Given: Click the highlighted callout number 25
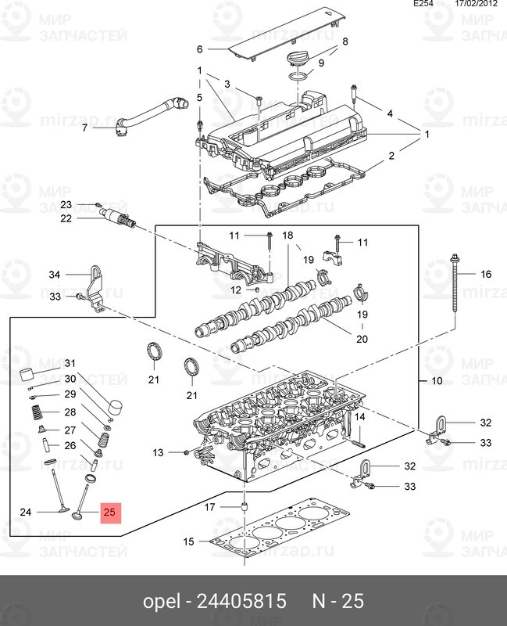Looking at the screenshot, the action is [x=109, y=512].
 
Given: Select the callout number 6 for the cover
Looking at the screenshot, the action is [x=200, y=49].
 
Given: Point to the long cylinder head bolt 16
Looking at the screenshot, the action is [x=455, y=284].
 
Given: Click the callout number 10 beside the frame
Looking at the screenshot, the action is [x=437, y=380].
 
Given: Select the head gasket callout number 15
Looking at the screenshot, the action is [x=188, y=541].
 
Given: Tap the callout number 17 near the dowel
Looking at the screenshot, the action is [x=209, y=507].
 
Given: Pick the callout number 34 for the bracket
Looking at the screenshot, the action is [x=55, y=275].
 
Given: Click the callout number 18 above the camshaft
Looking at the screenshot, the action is [x=287, y=236].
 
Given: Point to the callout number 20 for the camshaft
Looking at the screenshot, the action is [x=362, y=339].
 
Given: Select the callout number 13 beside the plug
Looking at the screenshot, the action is [x=158, y=452].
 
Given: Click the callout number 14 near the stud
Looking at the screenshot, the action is [x=359, y=417].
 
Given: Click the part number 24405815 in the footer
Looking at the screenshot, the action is [x=241, y=601].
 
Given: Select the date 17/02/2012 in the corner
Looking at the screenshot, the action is [x=477, y=4].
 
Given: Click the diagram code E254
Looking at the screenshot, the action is [x=423, y=4].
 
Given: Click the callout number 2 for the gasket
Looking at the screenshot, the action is [x=391, y=155].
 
